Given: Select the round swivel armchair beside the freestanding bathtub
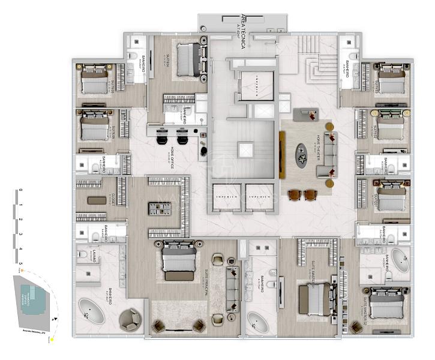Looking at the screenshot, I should tap(130, 319).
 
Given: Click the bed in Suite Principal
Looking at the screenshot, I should tap(179, 262).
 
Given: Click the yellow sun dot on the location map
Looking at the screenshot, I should tap(53, 340).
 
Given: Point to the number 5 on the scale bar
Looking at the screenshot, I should tap(20, 262).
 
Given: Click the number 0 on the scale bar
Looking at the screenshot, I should tap(20, 190).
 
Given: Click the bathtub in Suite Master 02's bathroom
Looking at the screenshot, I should tap(397, 260).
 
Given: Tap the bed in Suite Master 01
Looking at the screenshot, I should tap(314, 298).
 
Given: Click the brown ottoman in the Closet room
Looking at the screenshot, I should tap(96, 200).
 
